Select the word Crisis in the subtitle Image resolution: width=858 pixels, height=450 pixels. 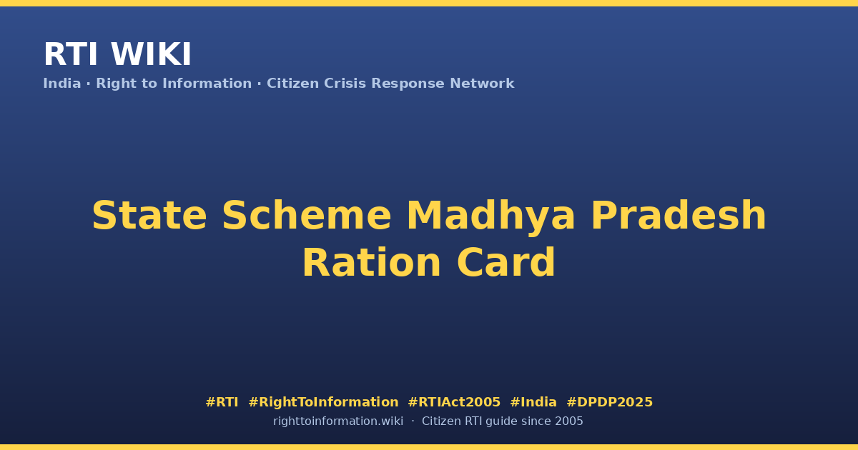click(345, 84)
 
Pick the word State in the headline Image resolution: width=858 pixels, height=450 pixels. click(149, 216)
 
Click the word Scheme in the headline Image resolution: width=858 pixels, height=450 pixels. click(307, 216)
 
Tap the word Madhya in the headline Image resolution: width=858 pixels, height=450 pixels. click(490, 217)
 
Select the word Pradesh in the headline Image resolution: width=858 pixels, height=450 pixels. click(679, 216)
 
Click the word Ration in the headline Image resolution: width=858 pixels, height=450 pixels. click(372, 263)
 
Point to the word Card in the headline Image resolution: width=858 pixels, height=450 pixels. click(506, 263)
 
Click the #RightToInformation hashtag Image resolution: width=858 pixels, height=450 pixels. click(323, 402)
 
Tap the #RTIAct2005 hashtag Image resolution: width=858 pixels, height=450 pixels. click(454, 402)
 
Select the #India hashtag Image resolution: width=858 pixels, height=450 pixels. click(533, 402)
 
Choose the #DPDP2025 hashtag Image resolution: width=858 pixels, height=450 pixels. click(609, 402)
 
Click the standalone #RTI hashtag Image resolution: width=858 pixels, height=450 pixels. click(222, 402)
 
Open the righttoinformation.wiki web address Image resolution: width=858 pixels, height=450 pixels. click(337, 421)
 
